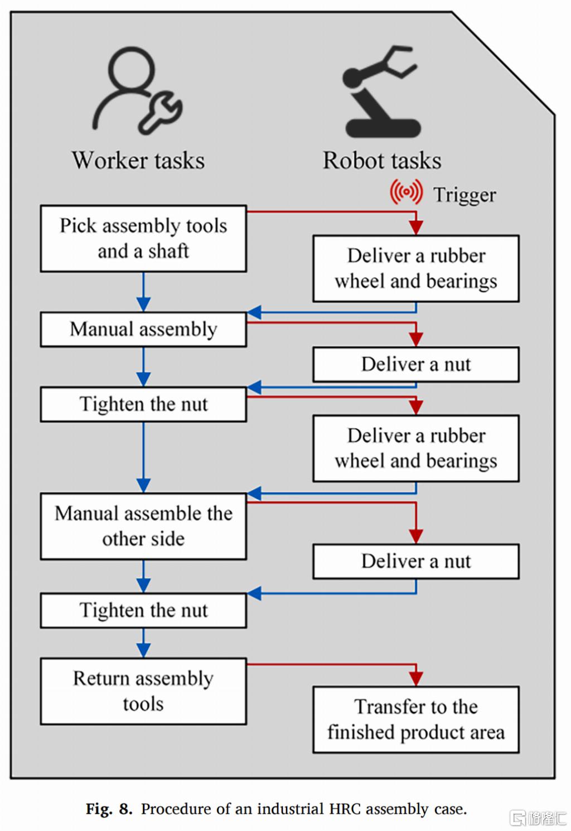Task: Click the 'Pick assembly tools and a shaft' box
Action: [x=143, y=239]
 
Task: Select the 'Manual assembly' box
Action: [x=143, y=330]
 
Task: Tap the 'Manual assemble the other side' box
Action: [x=143, y=526]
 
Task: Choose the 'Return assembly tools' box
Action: [x=143, y=691]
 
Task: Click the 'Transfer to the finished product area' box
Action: [x=416, y=719]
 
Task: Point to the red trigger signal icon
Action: [x=407, y=191]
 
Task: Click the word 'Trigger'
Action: [x=465, y=195]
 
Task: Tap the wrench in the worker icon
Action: [x=160, y=113]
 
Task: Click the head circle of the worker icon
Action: [x=132, y=69]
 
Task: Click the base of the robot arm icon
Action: [x=383, y=128]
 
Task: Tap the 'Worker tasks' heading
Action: [x=138, y=160]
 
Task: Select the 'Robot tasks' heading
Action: [x=382, y=160]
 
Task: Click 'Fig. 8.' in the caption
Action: [x=109, y=809]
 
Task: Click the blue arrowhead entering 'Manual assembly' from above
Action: [x=143, y=305]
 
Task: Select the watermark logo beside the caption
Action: [x=538, y=818]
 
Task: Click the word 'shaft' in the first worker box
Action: [x=169, y=251]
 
